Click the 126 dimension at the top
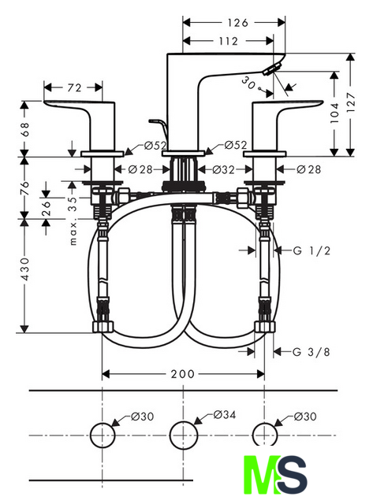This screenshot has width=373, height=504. (238, 23)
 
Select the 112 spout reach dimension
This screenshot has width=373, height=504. (228, 41)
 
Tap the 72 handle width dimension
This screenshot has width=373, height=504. (74, 87)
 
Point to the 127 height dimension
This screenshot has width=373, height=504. (351, 102)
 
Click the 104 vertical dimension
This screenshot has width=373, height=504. (334, 113)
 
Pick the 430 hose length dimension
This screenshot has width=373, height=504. (24, 269)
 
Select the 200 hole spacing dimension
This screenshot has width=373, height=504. (182, 374)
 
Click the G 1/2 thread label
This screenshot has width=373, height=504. (311, 250)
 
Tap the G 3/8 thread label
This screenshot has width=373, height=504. (311, 352)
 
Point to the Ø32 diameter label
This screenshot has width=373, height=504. (224, 169)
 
